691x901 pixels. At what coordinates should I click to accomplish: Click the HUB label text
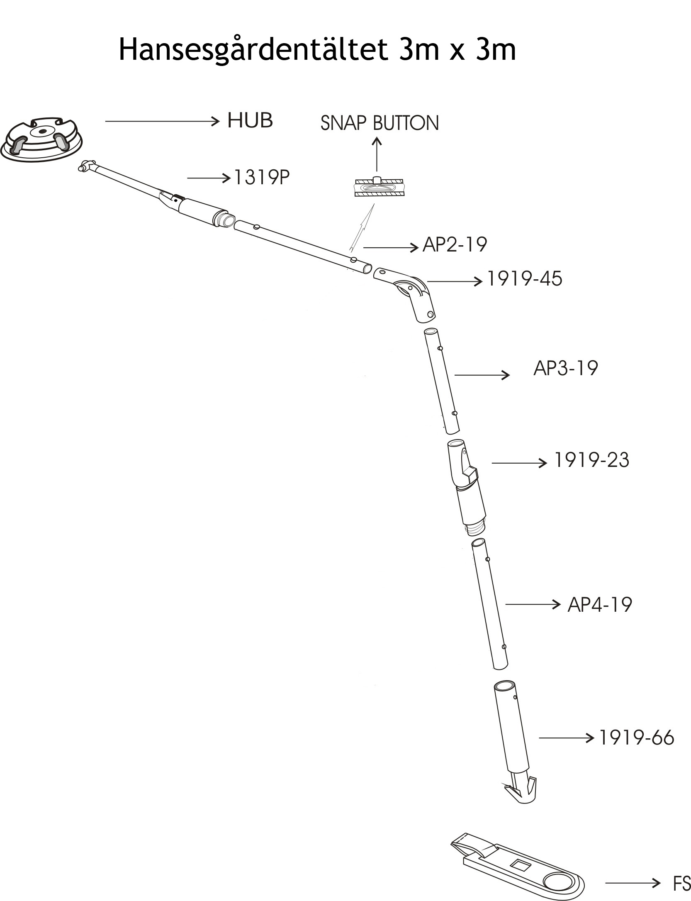[250, 120]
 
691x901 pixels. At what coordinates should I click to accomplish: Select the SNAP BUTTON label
[380, 123]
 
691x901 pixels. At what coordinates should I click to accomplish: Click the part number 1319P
[262, 178]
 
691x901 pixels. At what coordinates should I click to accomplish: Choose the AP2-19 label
[455, 244]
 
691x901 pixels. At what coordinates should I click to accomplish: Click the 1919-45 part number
[524, 278]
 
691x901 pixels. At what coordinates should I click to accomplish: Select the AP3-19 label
[565, 368]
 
